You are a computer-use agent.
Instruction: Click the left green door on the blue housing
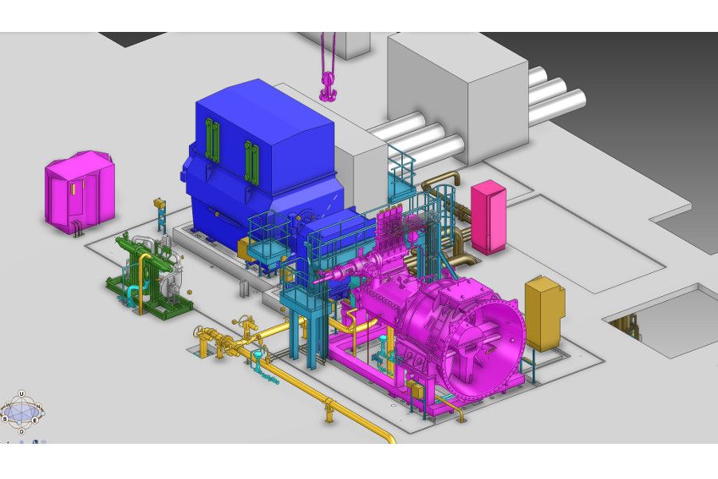(x=211, y=139)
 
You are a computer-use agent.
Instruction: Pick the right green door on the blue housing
(x=251, y=160)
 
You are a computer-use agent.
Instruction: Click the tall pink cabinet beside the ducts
(x=487, y=217)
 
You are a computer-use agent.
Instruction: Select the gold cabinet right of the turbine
(x=544, y=313)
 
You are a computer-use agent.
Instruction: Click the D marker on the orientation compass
(x=22, y=431)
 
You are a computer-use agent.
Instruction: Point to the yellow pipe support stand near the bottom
(x=327, y=411)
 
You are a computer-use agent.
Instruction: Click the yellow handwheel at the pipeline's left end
(x=199, y=331)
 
